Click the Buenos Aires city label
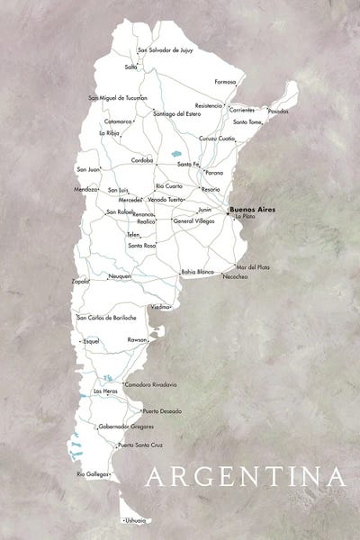(x=253, y=209)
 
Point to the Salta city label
(x=131, y=67)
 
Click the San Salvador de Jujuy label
(x=165, y=50)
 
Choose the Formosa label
(x=225, y=81)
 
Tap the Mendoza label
(x=86, y=190)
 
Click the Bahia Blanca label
(x=197, y=270)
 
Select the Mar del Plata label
(x=253, y=266)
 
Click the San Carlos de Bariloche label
(x=106, y=317)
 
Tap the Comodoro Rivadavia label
(x=151, y=384)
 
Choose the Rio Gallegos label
(x=92, y=473)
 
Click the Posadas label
(x=279, y=112)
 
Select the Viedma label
(x=160, y=307)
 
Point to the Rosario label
(x=211, y=189)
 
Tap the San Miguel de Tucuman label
(x=117, y=97)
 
